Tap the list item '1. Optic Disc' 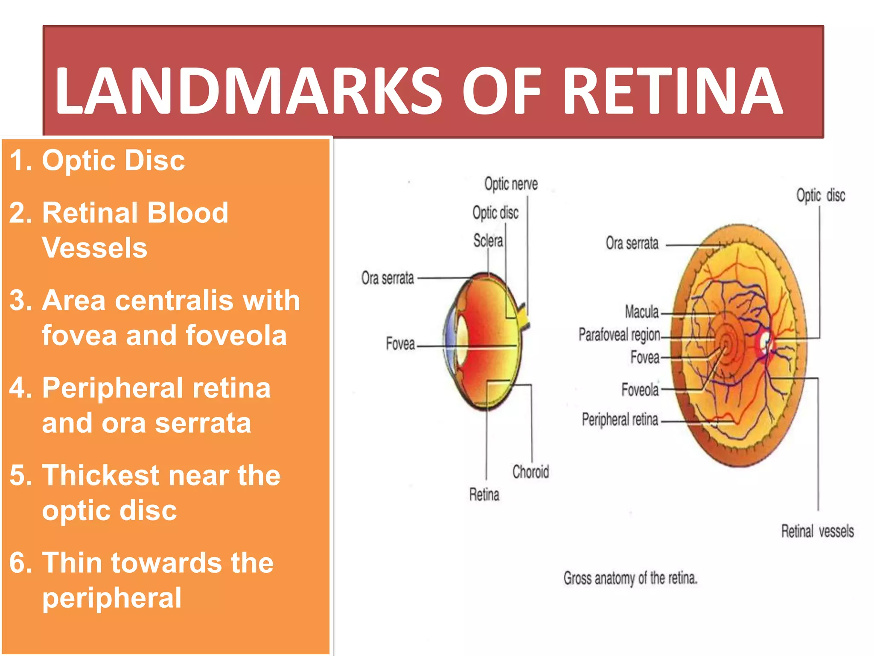97,161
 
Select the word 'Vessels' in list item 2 94,248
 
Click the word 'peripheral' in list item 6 112,598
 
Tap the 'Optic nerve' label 511,184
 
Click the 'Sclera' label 488,241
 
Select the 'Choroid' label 530,472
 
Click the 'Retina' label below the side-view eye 484,495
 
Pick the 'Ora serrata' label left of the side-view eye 387,278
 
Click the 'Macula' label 641,312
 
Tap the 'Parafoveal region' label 619,335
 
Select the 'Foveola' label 640,389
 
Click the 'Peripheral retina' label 620,419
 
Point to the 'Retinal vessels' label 817,531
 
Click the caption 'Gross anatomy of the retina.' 630,578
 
